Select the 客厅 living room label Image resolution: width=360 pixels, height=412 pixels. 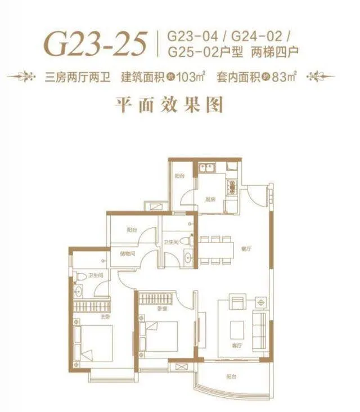tap(238, 344)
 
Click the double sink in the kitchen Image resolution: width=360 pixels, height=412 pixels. tap(206, 167)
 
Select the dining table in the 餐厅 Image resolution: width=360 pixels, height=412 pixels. tap(215, 248)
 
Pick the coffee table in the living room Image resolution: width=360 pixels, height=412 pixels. tap(238, 328)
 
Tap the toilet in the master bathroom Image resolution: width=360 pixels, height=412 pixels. tap(80, 277)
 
